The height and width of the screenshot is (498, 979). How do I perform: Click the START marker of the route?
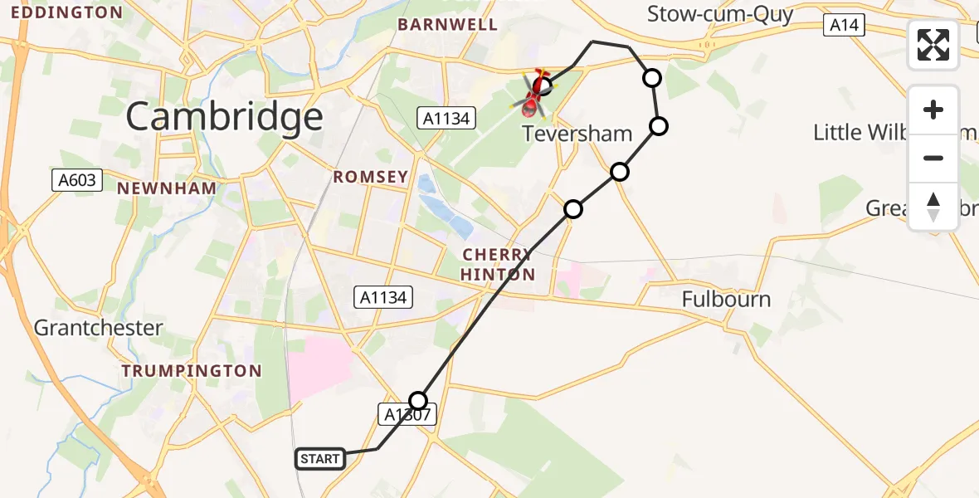click(320, 459)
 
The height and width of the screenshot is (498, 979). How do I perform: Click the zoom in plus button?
click(933, 110)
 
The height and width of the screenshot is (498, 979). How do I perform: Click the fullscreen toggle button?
click(933, 45)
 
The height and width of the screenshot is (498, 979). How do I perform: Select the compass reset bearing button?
click(933, 206)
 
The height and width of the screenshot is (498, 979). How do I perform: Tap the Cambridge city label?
click(224, 117)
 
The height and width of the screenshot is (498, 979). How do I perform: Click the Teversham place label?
click(577, 133)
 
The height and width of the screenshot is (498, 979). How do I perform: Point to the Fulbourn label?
click(727, 299)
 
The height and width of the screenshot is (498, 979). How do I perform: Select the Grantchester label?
click(98, 328)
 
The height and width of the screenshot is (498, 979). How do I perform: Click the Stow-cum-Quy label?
click(720, 14)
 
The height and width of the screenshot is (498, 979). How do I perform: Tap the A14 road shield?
click(845, 26)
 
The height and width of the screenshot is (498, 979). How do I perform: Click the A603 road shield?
click(77, 179)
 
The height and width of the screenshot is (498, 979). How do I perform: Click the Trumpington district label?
click(192, 371)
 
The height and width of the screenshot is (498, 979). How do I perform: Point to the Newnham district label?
click(167, 188)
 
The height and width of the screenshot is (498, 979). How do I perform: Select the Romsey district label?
click(371, 177)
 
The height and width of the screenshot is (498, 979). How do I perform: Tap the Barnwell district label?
click(448, 24)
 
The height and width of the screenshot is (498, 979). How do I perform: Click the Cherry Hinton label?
click(497, 265)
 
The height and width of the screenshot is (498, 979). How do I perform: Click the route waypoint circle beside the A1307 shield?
click(419, 400)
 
